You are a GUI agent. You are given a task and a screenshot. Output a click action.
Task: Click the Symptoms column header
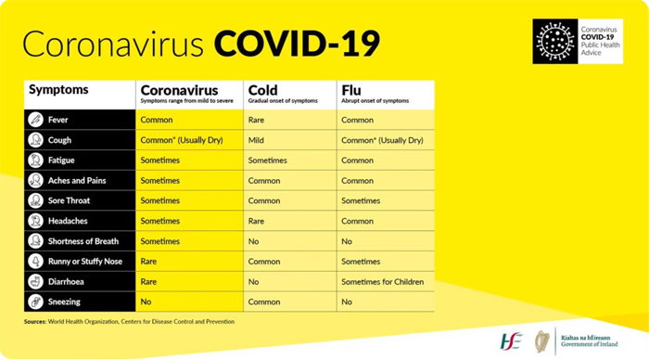point(58,91)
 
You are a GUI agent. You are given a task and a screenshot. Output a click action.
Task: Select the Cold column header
point(263,90)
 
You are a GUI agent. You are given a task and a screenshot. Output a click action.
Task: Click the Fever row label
point(58,120)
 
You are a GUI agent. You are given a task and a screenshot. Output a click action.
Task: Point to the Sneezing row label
point(64,302)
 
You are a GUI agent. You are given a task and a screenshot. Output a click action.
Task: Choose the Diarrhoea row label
point(67,281)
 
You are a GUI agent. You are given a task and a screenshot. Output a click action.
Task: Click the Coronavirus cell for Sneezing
point(146,302)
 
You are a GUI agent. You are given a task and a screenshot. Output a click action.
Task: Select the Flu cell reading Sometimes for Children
point(382,281)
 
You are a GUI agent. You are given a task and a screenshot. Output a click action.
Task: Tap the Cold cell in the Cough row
point(257,140)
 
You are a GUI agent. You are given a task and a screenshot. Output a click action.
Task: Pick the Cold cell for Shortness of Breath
point(254,241)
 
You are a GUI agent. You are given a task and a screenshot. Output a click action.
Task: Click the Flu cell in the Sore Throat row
point(361,200)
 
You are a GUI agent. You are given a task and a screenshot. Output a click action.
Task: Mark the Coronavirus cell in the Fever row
point(157,120)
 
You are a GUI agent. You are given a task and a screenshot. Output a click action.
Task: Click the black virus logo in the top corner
point(554,42)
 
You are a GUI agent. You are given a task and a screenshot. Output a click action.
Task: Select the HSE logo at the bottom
point(511,340)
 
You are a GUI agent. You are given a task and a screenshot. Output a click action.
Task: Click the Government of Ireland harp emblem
point(542,340)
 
